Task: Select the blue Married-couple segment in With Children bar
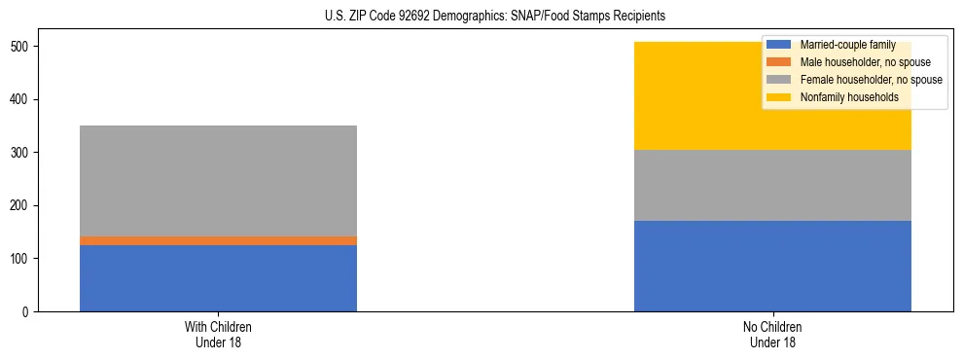218,278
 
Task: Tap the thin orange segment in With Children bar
218,240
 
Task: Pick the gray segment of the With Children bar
218,181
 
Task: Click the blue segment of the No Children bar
772,266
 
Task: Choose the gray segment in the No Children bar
772,186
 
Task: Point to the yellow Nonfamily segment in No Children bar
681,96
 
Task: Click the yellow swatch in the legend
779,97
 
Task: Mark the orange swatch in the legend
779,62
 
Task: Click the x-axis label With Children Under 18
218,335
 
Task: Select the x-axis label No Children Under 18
772,335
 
